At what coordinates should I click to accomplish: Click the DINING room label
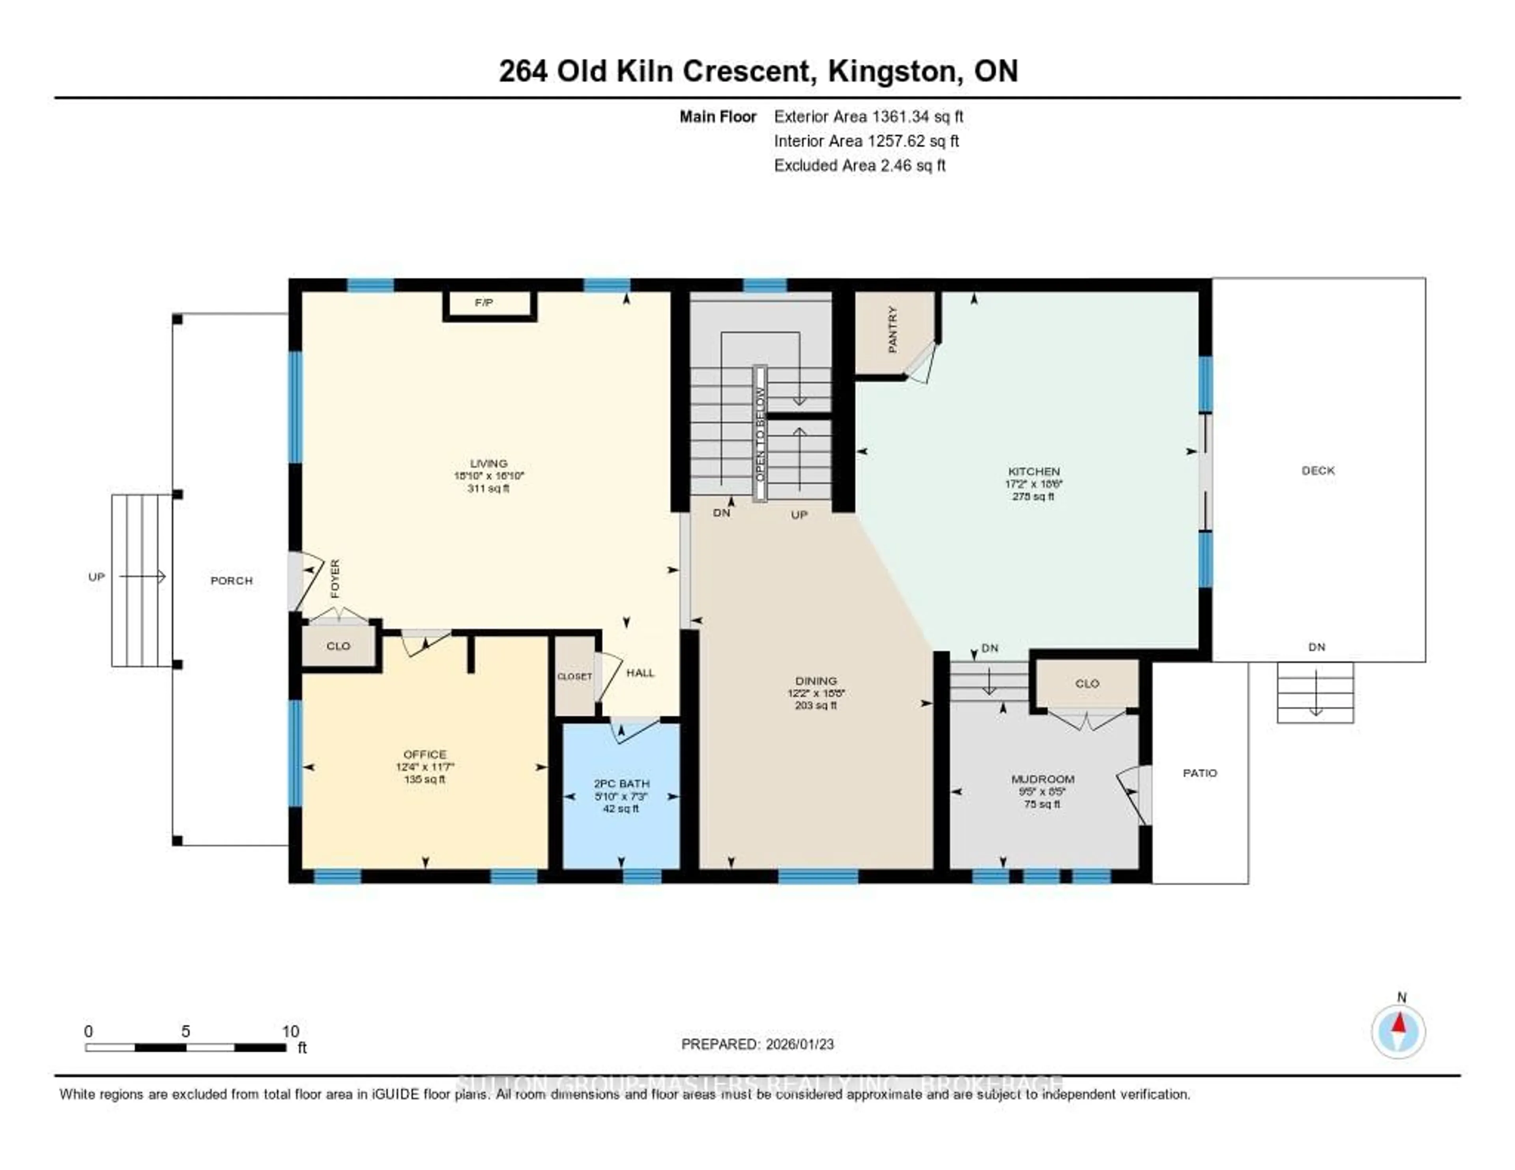816,681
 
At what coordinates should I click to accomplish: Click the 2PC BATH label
621,784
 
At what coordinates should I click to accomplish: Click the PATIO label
1199,773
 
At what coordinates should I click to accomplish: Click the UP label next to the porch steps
96,577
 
